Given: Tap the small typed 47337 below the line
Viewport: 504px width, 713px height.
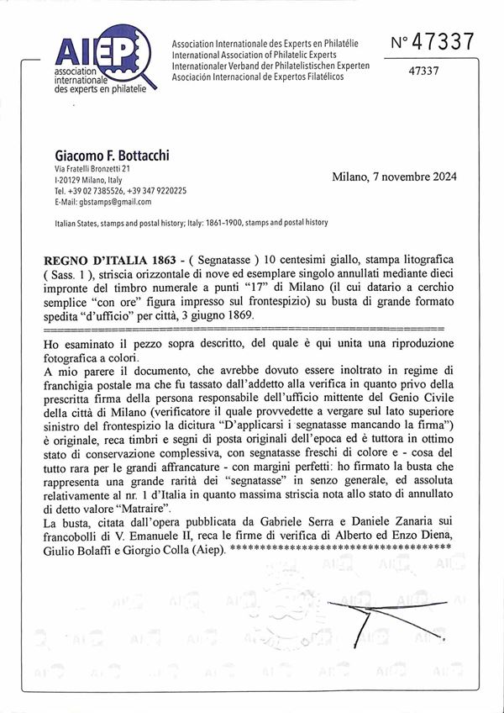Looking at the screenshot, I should coord(423,71).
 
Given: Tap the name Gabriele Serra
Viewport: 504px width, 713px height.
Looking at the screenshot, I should coord(303,523).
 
